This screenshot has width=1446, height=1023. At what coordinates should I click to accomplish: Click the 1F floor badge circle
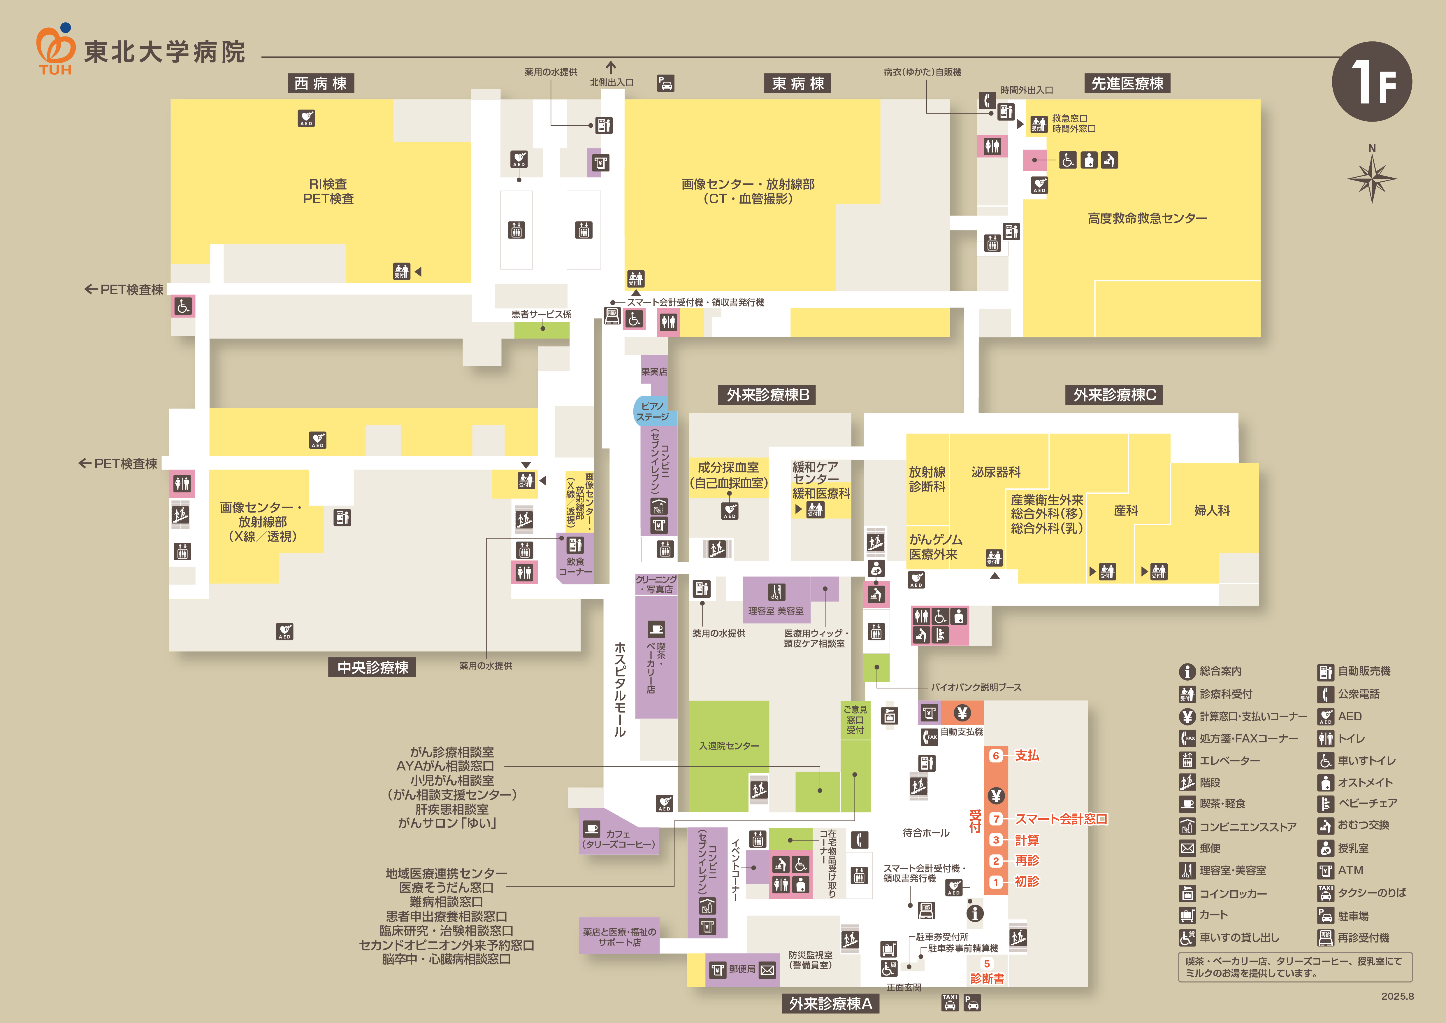coord(1372,82)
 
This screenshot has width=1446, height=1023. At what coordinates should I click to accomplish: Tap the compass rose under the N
coord(1372,178)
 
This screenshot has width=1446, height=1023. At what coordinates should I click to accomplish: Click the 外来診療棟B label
coord(768,395)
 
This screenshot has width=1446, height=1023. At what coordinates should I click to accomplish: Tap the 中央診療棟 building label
coord(373,667)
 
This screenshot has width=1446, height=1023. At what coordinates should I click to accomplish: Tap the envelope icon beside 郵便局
coord(767,970)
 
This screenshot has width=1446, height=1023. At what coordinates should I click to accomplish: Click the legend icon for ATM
coord(1326,870)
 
